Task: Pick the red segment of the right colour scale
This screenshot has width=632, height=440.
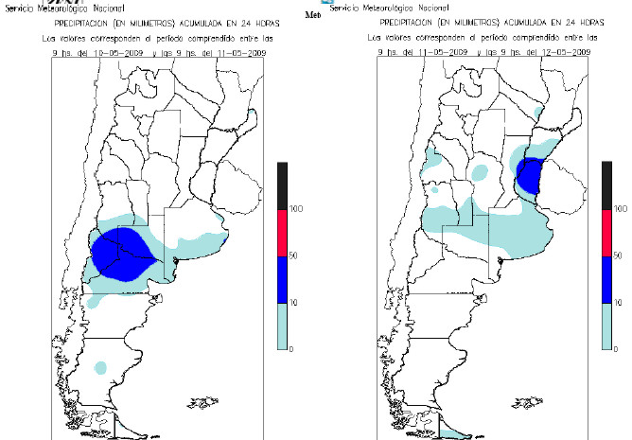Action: [x=607, y=230]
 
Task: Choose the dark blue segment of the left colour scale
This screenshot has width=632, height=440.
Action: [x=283, y=278]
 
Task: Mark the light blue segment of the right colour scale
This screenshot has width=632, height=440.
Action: [x=607, y=326]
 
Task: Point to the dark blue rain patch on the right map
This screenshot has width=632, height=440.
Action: [x=531, y=175]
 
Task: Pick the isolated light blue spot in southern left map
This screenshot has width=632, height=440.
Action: [x=103, y=366]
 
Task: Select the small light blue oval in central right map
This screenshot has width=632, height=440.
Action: [x=482, y=172]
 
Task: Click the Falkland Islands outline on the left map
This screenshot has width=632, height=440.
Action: [x=200, y=400]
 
